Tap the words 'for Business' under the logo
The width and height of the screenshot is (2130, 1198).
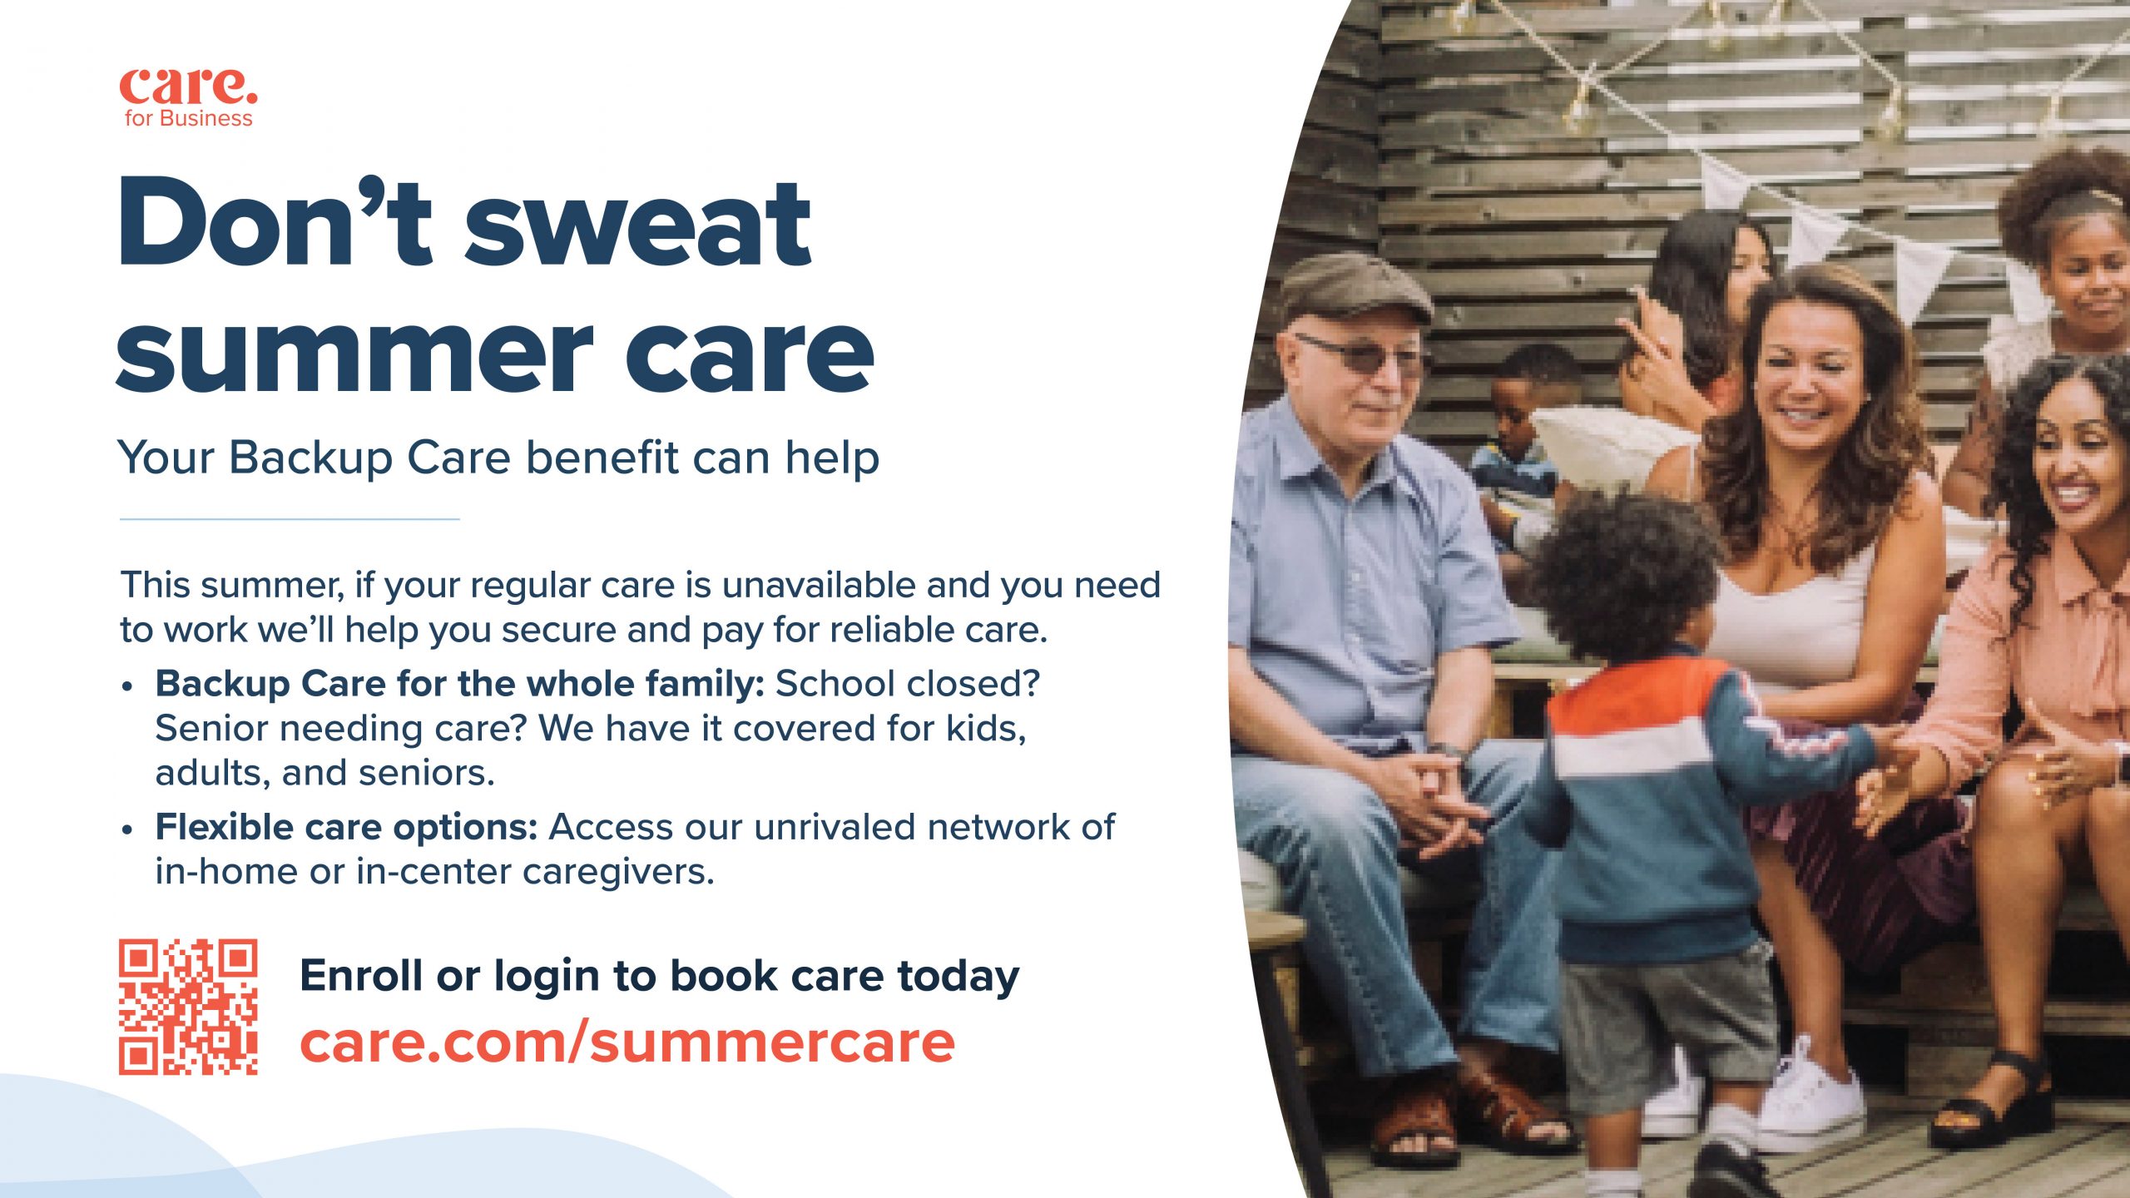click(x=188, y=119)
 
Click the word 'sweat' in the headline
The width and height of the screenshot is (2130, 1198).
click(x=637, y=223)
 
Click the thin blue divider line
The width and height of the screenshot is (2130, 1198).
click(x=290, y=519)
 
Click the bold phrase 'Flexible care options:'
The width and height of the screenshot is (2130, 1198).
click(x=346, y=828)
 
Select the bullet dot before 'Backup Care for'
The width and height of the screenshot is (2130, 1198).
click(x=127, y=687)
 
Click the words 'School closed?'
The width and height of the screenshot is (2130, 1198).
click(x=908, y=684)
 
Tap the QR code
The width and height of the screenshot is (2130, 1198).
click(x=188, y=1007)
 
